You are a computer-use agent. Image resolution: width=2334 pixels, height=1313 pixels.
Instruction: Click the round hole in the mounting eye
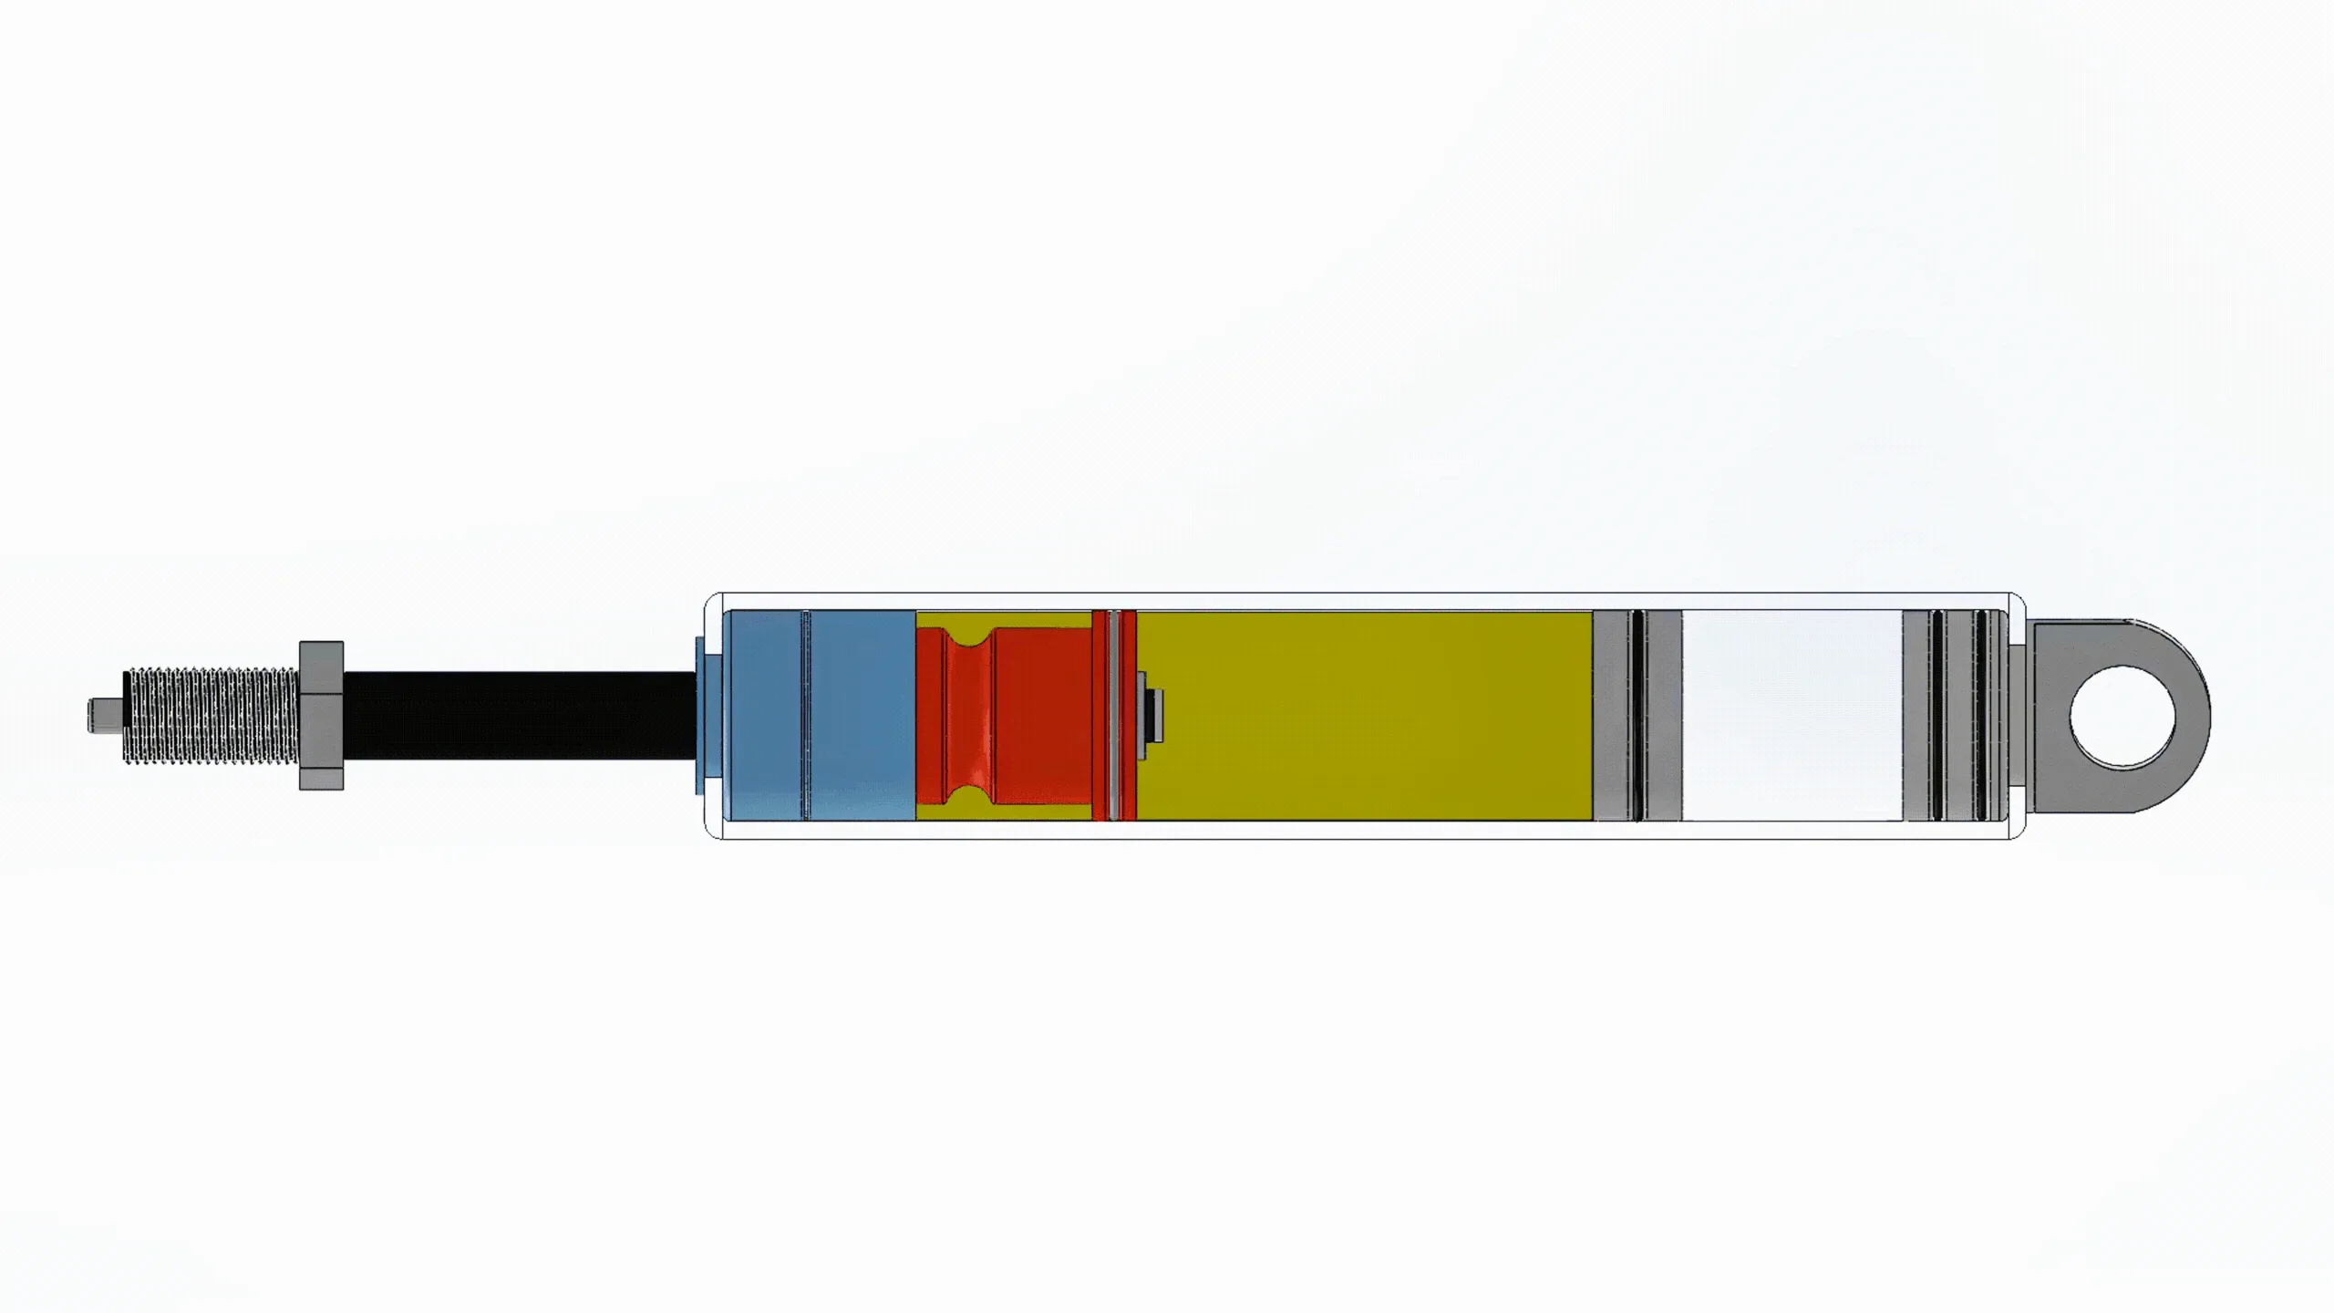pyautogui.click(x=2122, y=716)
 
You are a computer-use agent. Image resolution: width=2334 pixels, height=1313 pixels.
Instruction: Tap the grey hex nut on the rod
pyautogui.click(x=321, y=715)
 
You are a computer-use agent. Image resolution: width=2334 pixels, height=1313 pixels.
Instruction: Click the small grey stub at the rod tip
pyautogui.click(x=102, y=715)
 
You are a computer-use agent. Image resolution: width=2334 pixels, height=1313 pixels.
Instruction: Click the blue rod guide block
pyautogui.click(x=862, y=715)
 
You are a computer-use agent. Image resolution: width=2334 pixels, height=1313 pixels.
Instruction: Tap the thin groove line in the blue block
pyautogui.click(x=804, y=715)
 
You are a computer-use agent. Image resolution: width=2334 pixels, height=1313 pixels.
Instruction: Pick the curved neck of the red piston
pyautogui.click(x=968, y=715)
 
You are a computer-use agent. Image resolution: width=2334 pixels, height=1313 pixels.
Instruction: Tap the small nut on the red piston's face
pyautogui.click(x=1154, y=715)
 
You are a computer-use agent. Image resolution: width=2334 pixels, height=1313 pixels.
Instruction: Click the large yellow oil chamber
pyautogui.click(x=1368, y=715)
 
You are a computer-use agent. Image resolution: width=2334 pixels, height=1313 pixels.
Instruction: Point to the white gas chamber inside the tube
pyautogui.click(x=1792, y=715)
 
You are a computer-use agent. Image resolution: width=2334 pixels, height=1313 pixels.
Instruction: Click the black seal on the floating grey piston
pyautogui.click(x=1637, y=715)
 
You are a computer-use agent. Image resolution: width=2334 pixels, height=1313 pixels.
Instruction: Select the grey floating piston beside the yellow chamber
pyautogui.click(x=1612, y=715)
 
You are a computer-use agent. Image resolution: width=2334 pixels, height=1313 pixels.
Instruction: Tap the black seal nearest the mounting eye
pyautogui.click(x=1980, y=715)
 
